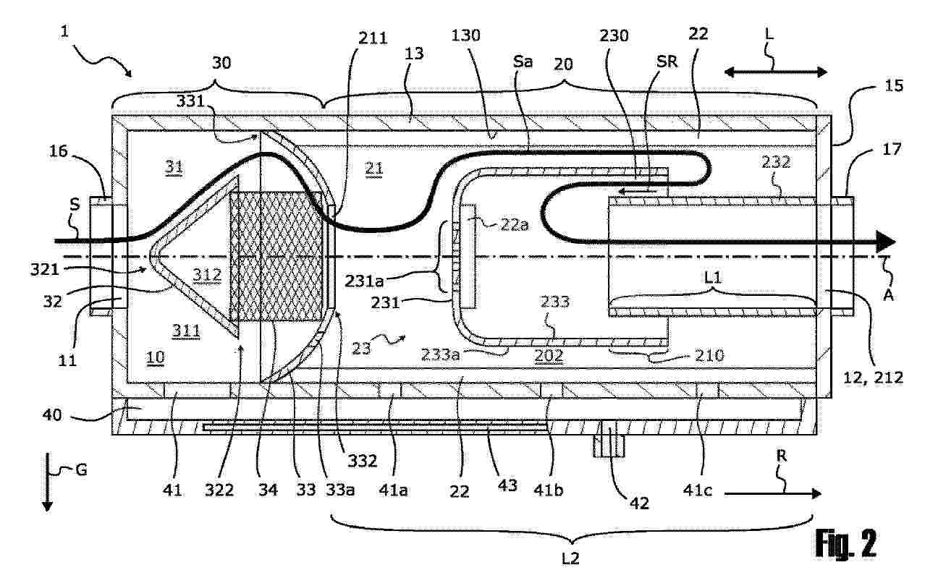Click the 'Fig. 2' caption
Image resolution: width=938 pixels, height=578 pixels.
[845, 543]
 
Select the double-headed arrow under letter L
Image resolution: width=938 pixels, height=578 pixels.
[775, 71]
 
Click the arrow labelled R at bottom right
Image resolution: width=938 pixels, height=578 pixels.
[773, 493]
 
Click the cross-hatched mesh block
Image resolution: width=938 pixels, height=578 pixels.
[276, 257]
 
